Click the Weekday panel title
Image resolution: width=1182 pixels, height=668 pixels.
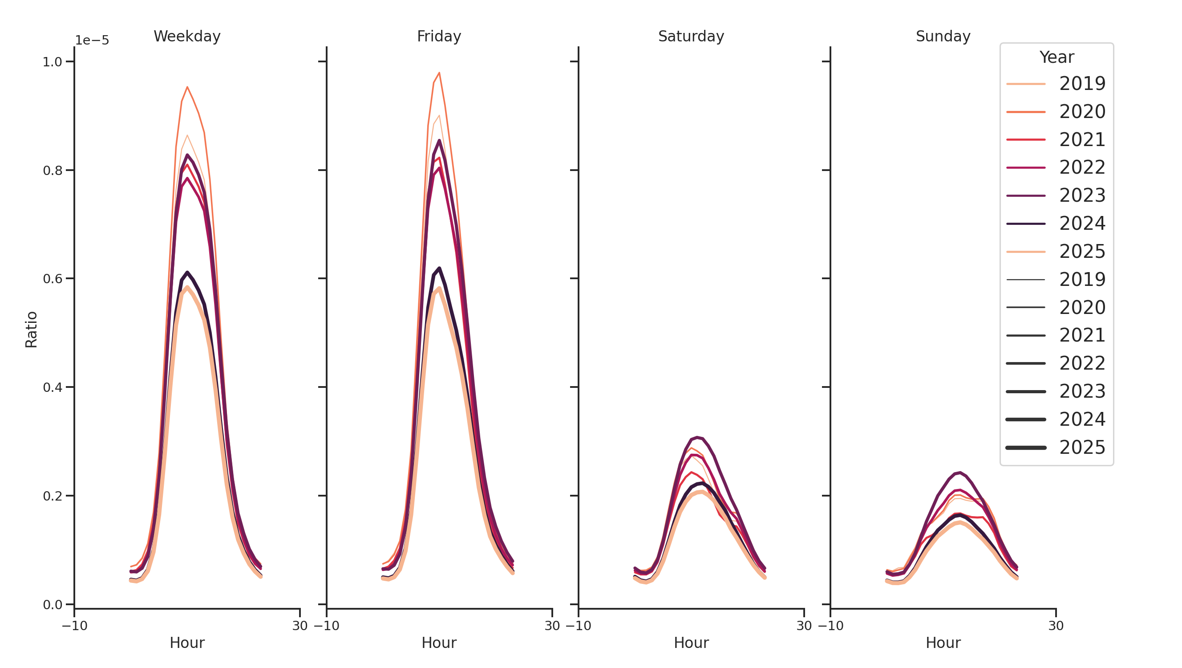pos(187,36)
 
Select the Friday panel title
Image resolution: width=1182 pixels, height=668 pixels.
pos(439,36)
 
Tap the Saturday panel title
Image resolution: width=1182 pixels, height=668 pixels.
pos(691,36)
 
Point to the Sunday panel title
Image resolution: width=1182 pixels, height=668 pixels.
pos(943,36)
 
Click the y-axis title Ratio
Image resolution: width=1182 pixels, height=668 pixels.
pos(31,329)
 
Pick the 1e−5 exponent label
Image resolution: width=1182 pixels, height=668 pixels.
pos(92,41)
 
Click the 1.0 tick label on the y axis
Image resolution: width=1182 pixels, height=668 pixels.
pos(53,62)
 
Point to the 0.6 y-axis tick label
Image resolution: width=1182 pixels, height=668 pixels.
pos(53,279)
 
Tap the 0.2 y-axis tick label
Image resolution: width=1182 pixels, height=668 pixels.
pos(53,496)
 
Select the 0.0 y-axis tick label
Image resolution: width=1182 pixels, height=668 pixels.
pos(53,605)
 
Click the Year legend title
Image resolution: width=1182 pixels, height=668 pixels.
pos(1056,57)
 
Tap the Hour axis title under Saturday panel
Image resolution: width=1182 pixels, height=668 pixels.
pos(691,642)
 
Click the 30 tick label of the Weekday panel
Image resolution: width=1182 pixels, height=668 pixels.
pos(300,625)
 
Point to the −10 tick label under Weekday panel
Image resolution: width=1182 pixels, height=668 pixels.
pos(74,625)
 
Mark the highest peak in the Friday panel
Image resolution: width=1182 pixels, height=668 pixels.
pos(439,73)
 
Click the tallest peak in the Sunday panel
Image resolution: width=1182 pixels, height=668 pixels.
pos(960,472)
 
